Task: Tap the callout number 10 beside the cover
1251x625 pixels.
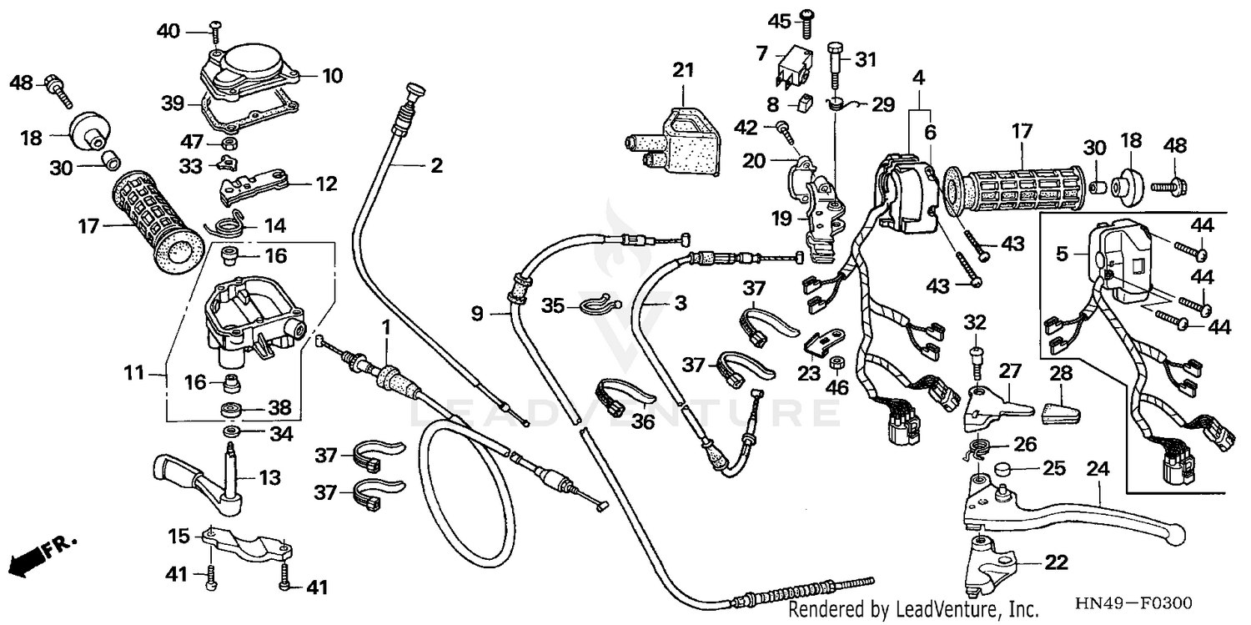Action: tap(332, 77)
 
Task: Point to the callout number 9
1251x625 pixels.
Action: tap(476, 315)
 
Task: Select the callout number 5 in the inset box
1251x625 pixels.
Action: tap(1061, 254)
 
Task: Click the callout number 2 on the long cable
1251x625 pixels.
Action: tap(435, 165)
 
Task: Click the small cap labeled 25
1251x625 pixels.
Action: tap(1004, 469)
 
